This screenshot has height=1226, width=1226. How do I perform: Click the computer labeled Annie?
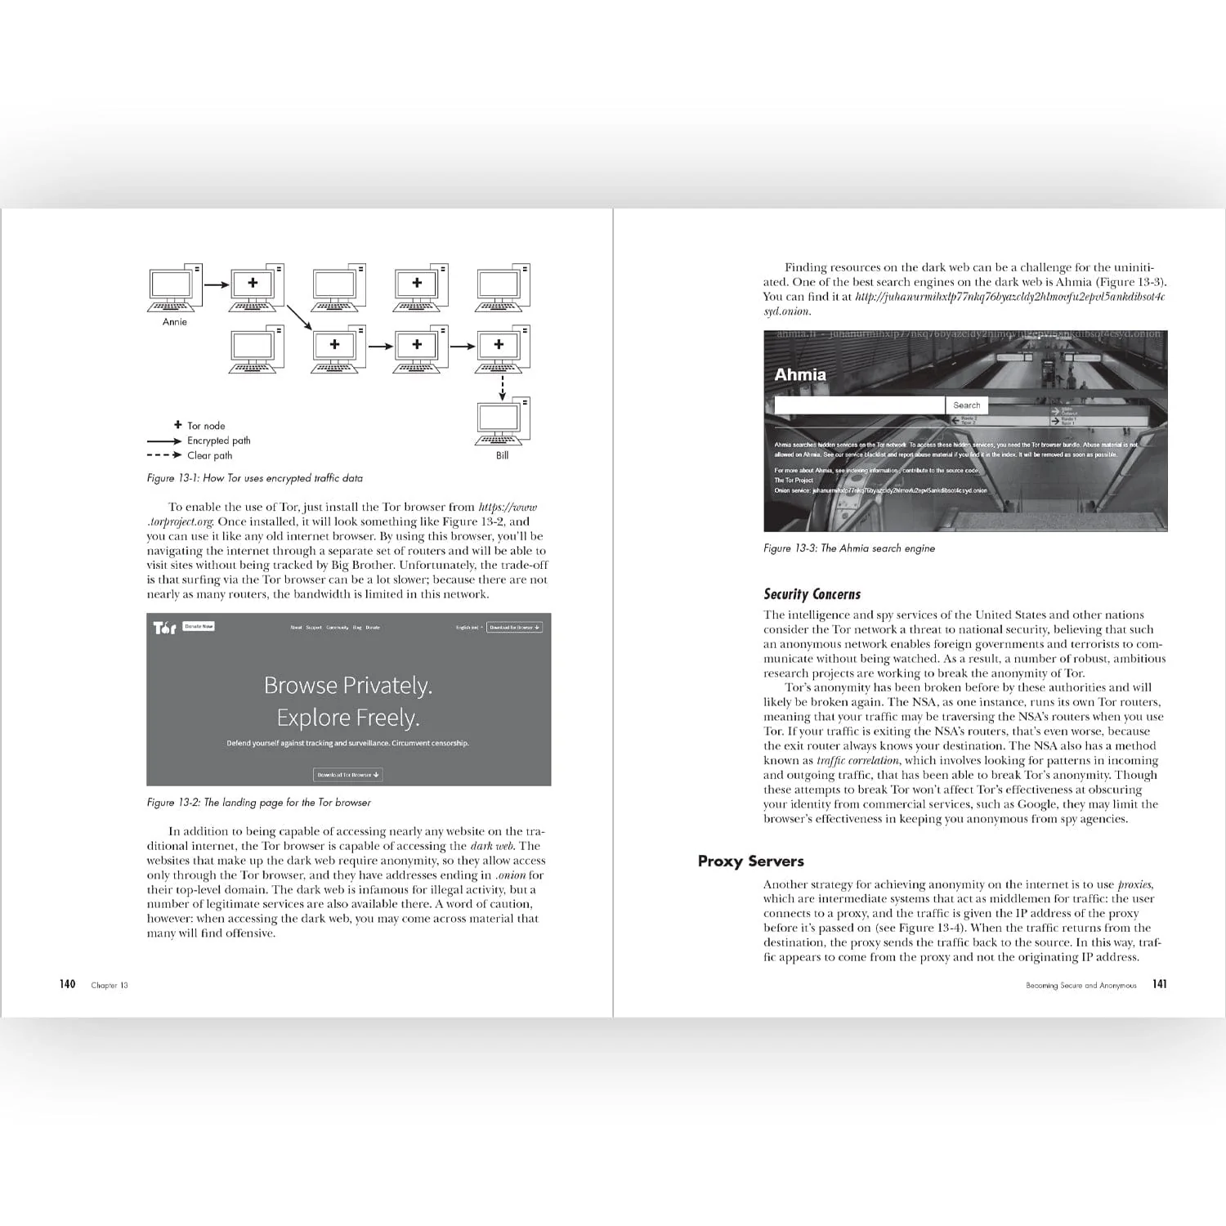point(174,288)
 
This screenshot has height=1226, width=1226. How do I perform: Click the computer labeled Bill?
point(502,423)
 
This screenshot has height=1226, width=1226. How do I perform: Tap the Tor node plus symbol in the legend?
point(178,425)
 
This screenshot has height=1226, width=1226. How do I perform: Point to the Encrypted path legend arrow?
point(164,441)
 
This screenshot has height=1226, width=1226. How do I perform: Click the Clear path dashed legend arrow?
point(164,455)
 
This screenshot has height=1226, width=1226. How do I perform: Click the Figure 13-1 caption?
point(254,478)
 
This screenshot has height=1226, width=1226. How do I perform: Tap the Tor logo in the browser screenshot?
point(164,628)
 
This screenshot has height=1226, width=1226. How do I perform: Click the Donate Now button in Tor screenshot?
point(199,627)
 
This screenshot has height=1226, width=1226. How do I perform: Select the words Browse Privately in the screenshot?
point(348,686)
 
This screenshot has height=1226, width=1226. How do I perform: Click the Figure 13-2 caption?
point(258,803)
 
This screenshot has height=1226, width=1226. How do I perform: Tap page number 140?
point(67,984)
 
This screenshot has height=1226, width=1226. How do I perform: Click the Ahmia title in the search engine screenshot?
point(800,374)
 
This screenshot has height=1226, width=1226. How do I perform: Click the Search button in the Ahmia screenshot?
point(966,405)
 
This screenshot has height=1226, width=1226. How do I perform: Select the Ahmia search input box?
point(859,405)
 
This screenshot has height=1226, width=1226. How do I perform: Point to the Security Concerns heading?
point(812,594)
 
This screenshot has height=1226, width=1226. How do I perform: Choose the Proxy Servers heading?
point(750,861)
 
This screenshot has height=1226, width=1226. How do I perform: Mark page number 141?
point(1159,984)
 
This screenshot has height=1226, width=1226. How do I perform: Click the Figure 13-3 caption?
point(848,548)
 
